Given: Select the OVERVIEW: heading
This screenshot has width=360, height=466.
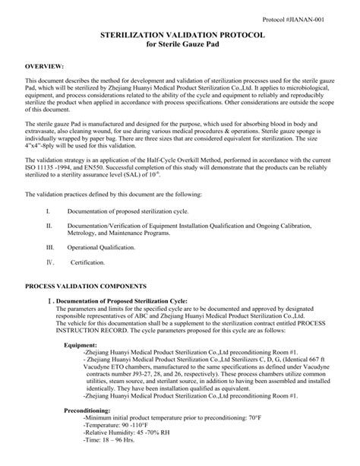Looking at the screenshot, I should [44, 68].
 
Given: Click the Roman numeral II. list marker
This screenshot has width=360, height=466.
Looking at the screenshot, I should [49, 227].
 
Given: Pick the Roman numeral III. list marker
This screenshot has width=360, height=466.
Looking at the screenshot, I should [50, 248].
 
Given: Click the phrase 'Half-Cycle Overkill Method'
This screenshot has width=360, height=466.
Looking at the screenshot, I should [197, 160].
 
